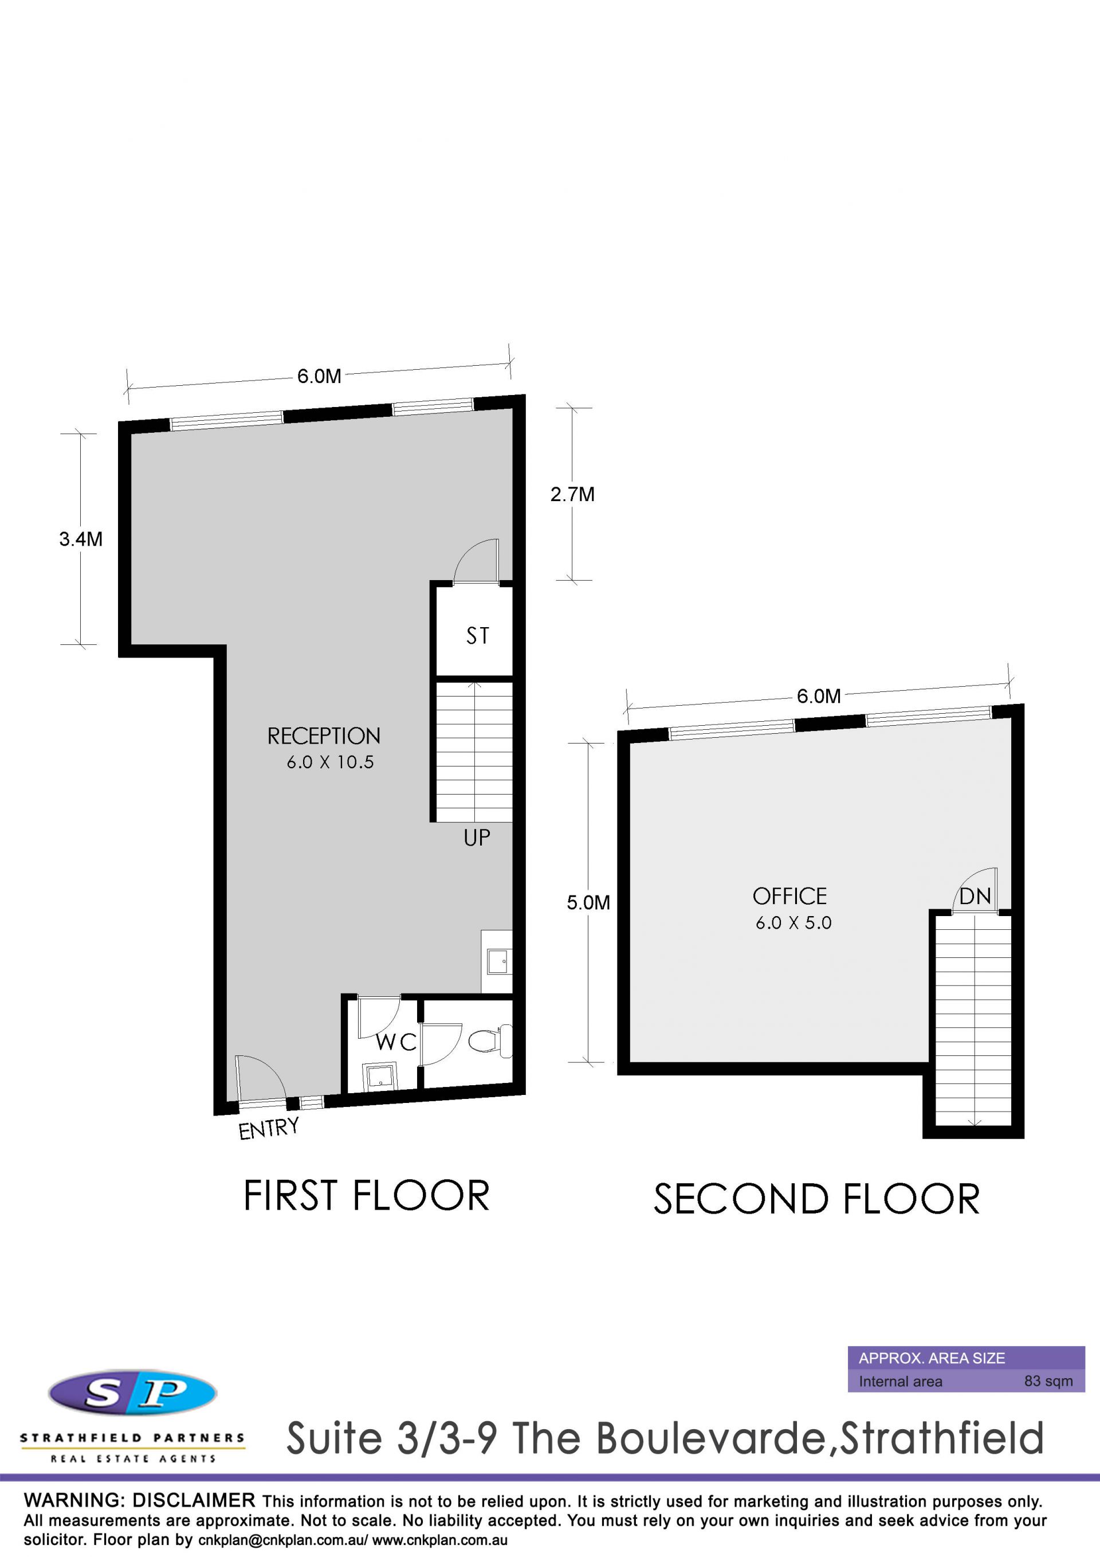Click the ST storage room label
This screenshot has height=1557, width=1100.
click(x=477, y=635)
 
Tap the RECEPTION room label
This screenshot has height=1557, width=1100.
click(x=324, y=736)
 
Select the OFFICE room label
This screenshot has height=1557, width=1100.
click(x=789, y=897)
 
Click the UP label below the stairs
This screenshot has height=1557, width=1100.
click(x=477, y=838)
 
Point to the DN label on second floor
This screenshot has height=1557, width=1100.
click(x=975, y=897)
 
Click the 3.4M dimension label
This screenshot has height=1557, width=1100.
click(x=81, y=539)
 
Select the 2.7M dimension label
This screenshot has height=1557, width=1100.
click(x=573, y=494)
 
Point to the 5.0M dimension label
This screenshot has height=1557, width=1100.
click(x=588, y=902)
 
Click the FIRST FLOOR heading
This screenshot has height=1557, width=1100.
click(x=367, y=1196)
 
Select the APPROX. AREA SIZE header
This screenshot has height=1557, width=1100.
click(x=932, y=1358)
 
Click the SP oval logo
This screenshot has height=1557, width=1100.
click(x=133, y=1393)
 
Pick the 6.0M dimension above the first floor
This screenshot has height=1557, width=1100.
click(x=319, y=375)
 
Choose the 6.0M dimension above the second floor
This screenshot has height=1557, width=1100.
click(x=819, y=696)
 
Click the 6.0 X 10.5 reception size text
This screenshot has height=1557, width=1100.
click(x=330, y=762)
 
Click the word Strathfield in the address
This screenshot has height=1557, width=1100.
click(x=942, y=1457)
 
